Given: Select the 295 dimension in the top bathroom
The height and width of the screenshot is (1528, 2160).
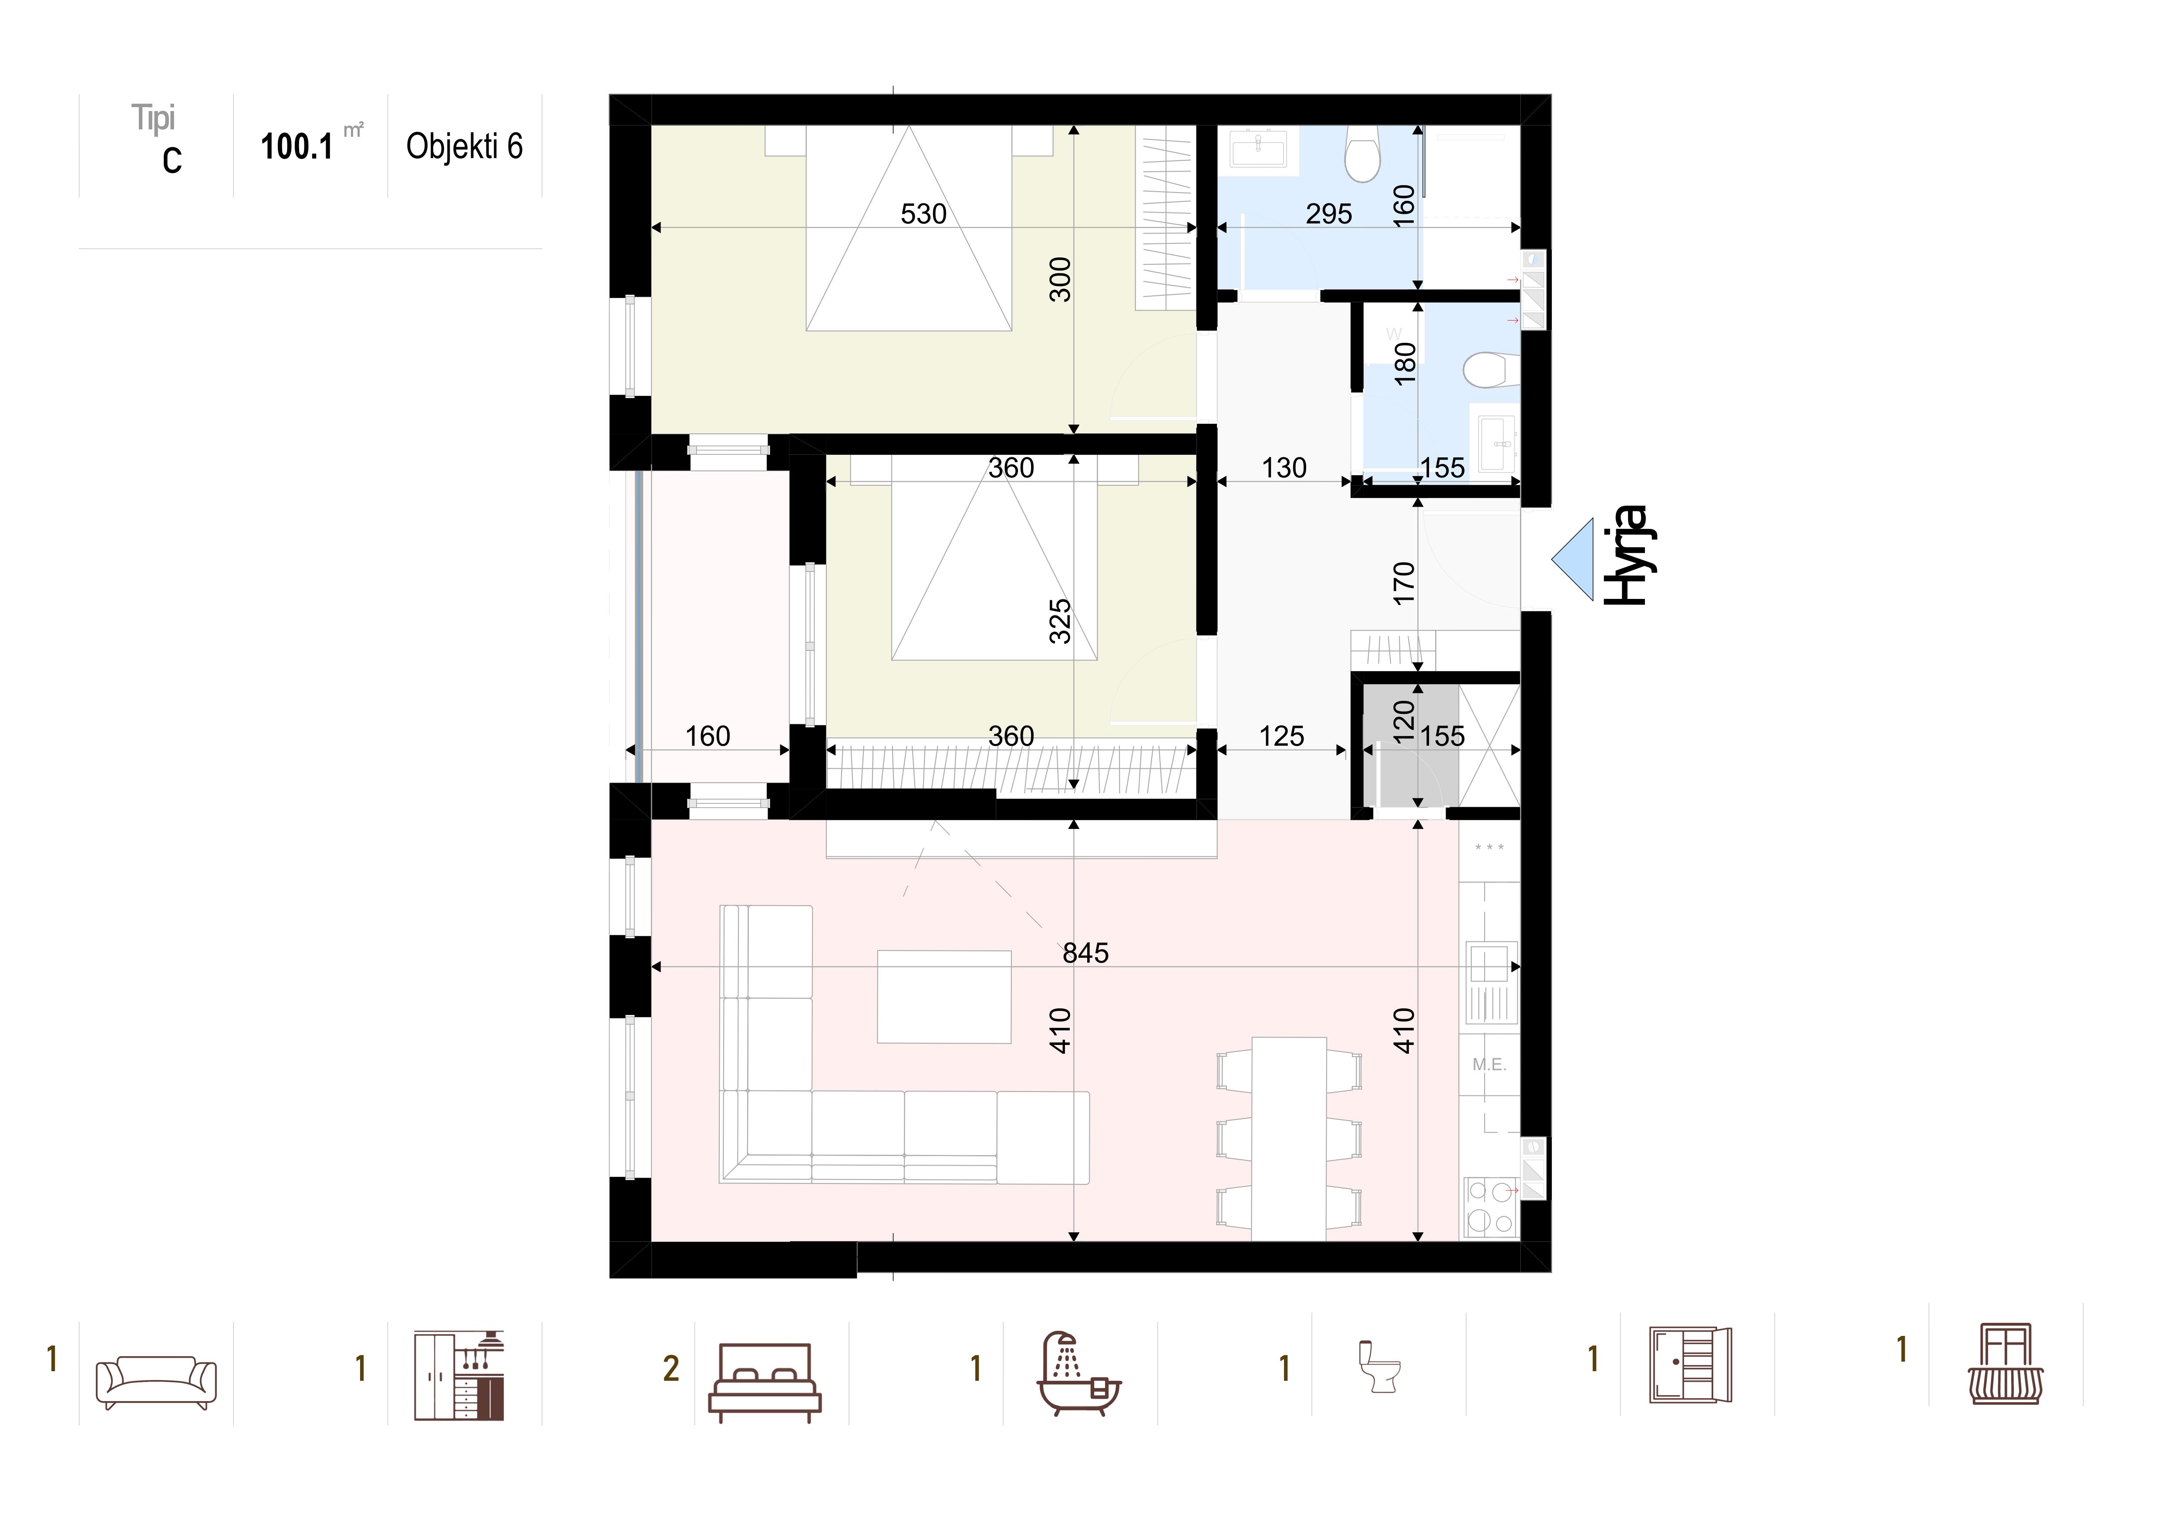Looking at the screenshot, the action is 1328,215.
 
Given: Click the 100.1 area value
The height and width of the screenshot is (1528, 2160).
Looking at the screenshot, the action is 297,147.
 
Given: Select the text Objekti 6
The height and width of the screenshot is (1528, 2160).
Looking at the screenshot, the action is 464,147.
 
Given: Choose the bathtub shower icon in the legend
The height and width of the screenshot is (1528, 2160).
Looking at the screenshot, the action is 1079,1374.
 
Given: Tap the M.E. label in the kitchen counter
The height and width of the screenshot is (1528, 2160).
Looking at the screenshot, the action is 1489,1065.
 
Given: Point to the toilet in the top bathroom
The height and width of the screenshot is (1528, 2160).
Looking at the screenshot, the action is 1362,157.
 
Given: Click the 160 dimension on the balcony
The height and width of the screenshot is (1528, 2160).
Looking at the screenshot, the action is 708,736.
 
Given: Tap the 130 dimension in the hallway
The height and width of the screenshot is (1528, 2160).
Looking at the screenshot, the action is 1284,468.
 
